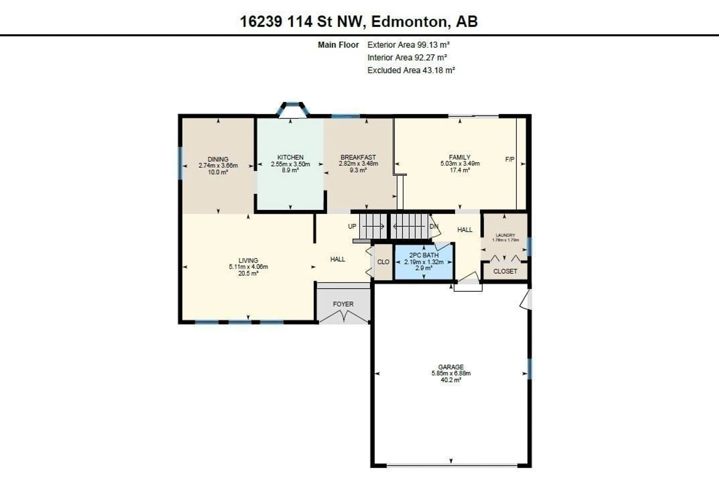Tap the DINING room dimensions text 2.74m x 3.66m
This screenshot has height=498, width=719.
218,166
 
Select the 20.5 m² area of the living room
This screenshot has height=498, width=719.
248,273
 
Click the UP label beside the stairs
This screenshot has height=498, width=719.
352,226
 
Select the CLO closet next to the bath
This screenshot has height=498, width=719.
383,262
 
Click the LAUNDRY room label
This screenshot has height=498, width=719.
505,235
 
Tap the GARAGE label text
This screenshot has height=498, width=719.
451,367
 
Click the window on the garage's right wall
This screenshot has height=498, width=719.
529,369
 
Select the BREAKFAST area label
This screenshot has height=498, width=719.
358,157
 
